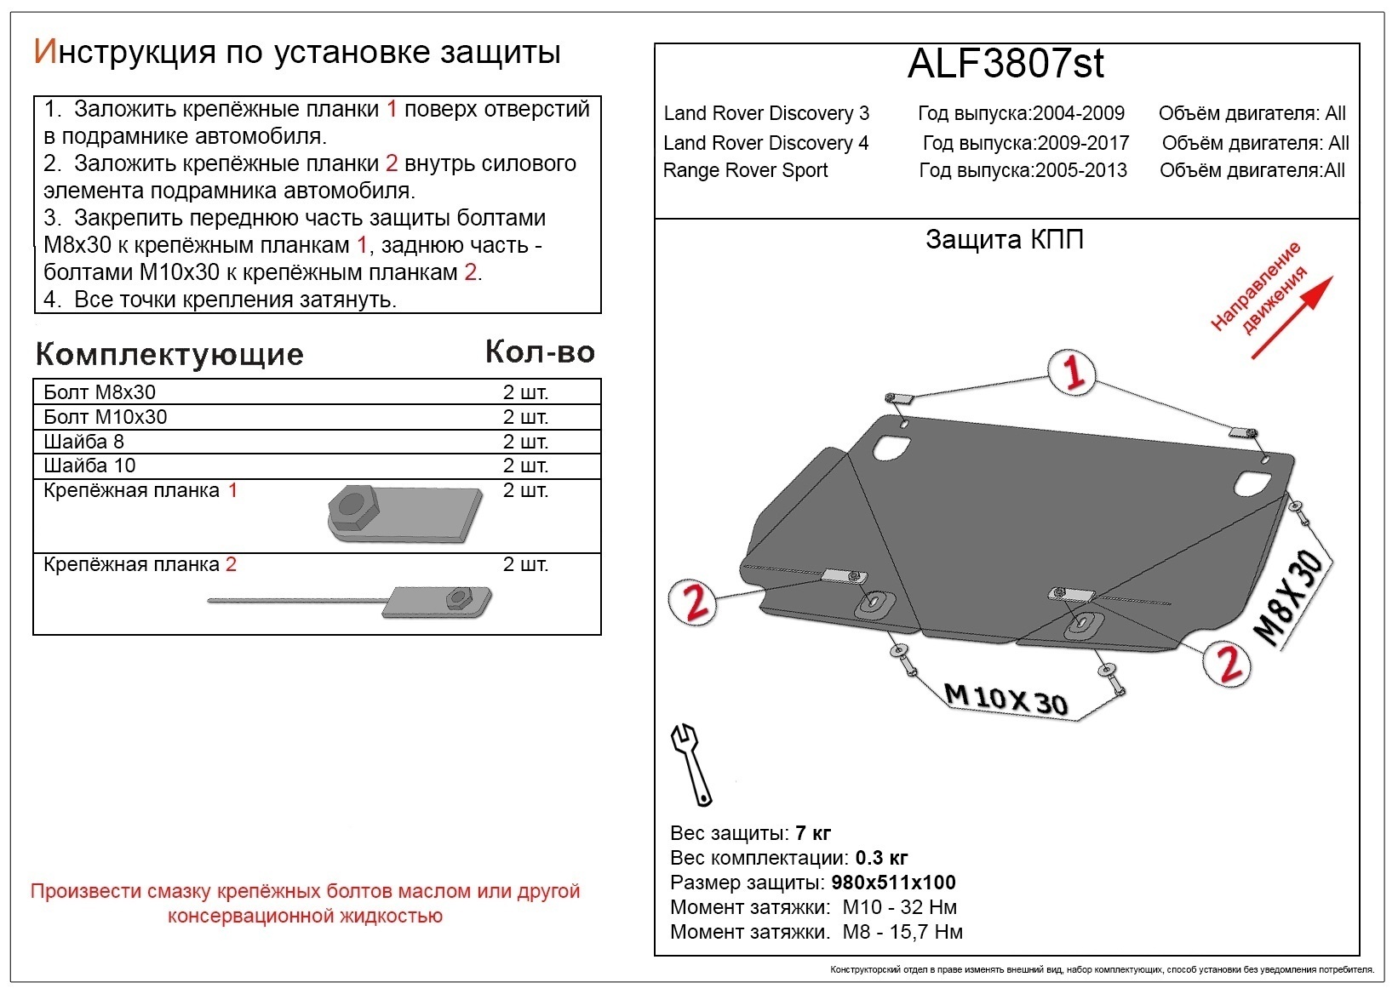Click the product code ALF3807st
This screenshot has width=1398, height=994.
(x=1006, y=65)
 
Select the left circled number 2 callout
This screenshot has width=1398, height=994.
(x=693, y=602)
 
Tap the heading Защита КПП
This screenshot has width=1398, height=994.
(x=1005, y=240)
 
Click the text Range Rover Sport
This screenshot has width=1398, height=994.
(x=745, y=170)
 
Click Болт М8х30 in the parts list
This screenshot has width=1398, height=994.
(x=100, y=392)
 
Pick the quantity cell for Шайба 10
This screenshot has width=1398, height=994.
(x=525, y=466)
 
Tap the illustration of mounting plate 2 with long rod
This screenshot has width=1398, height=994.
(x=358, y=600)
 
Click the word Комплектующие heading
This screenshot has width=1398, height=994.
(x=169, y=354)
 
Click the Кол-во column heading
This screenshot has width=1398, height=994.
(x=539, y=351)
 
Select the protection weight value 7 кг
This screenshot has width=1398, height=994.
(x=812, y=832)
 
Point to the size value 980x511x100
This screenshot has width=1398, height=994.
(x=893, y=883)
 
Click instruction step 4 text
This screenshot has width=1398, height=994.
(x=221, y=300)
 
